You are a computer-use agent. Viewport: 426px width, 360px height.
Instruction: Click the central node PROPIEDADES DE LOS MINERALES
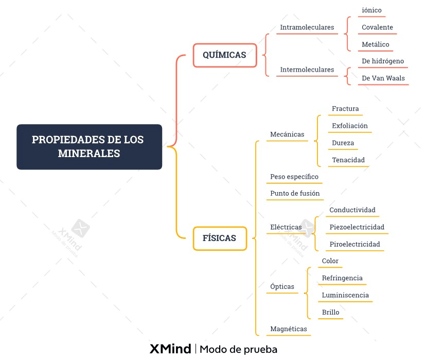[x=89, y=147]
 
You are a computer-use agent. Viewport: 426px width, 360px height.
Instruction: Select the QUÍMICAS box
[x=224, y=55]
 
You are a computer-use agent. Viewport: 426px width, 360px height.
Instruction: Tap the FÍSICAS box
[x=220, y=238]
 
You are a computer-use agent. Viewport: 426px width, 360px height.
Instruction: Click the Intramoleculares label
[x=307, y=27]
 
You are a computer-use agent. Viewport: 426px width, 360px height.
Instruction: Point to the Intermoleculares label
[x=307, y=70]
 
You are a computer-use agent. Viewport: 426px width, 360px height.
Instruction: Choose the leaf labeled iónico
[x=371, y=10]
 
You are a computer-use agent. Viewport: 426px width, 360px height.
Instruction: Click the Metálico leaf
[x=376, y=44]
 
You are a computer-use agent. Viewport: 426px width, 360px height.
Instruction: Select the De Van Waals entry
[x=383, y=78]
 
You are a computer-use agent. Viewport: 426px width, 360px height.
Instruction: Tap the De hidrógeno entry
[x=383, y=61]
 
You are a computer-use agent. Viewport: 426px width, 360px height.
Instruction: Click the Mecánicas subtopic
[x=287, y=134]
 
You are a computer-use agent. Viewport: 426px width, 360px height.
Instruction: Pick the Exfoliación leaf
[x=350, y=126]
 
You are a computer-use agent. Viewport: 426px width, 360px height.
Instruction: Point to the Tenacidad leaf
[x=348, y=160]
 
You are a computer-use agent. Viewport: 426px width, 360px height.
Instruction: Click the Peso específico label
[x=294, y=177]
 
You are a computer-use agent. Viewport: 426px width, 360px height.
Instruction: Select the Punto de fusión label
[x=295, y=194]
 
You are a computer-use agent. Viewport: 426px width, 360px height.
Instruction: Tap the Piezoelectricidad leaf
[x=357, y=227]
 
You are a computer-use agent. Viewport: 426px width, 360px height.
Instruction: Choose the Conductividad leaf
[x=352, y=210]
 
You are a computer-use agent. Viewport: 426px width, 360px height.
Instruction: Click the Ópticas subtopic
[x=282, y=287]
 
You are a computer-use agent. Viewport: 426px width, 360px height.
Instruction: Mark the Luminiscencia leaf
[x=345, y=295]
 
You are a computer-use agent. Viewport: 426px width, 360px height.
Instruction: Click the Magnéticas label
[x=289, y=329]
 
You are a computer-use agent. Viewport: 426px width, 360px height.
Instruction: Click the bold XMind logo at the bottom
[x=170, y=349]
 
